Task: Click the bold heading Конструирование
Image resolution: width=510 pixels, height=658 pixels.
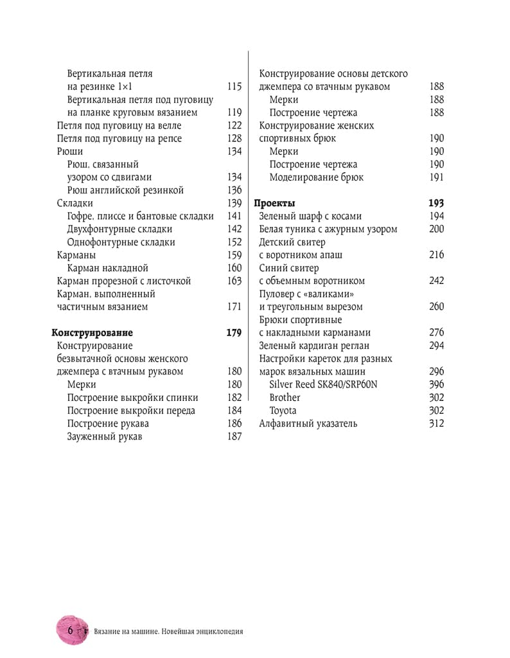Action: (92, 333)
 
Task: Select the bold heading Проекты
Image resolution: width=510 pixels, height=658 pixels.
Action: (275, 203)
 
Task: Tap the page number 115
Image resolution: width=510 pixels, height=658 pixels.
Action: (234, 87)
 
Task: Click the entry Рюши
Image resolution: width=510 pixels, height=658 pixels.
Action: (69, 152)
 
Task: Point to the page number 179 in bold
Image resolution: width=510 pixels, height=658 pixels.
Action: (234, 333)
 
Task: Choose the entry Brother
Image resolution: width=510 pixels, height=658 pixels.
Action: (285, 398)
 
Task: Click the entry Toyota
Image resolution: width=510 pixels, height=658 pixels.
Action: (283, 411)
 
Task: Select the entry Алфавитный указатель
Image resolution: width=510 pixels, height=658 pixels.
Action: (308, 423)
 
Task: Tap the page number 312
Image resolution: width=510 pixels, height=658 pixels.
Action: (436, 423)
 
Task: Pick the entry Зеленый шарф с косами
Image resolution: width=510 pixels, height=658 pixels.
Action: (310, 217)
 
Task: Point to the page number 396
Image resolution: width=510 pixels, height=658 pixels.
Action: (436, 385)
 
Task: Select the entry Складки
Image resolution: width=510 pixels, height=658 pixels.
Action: (75, 203)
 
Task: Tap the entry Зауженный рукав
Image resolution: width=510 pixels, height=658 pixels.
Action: (105, 437)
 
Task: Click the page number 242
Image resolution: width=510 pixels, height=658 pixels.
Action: (436, 281)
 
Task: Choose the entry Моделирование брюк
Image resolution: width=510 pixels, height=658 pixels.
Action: (317, 177)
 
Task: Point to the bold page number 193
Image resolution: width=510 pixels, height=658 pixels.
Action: (436, 203)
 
